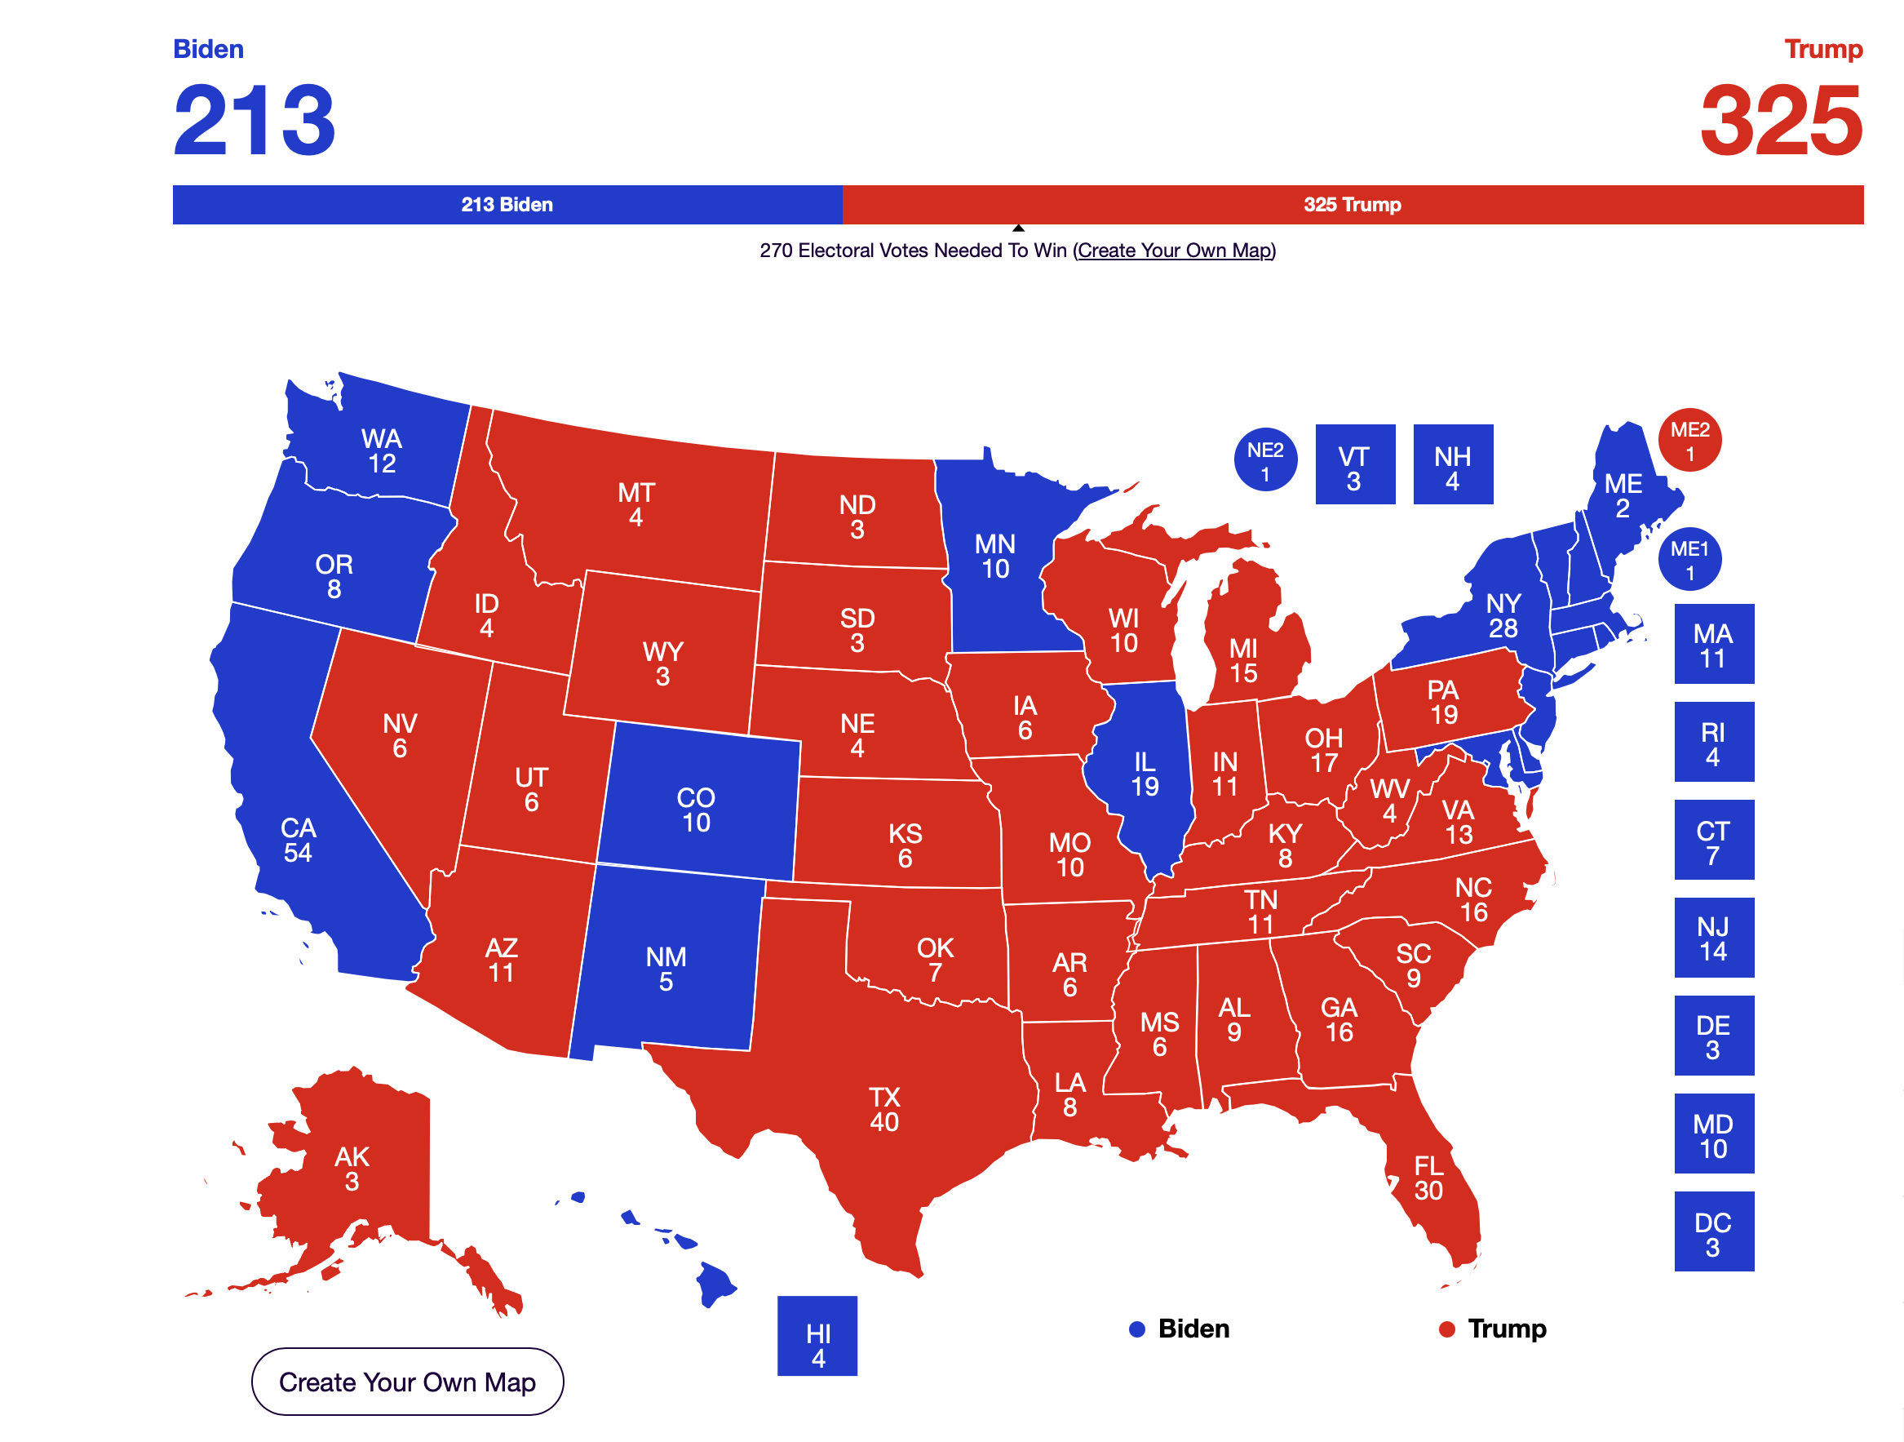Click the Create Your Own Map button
tap(407, 1382)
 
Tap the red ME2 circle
tap(1689, 440)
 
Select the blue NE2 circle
tap(1265, 459)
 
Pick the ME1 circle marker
tap(1689, 559)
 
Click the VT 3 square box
tap(1355, 465)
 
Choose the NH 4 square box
tap(1453, 465)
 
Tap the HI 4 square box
tap(817, 1336)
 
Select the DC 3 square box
tap(1714, 1232)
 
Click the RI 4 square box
tap(1714, 742)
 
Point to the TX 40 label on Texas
tap(884, 1110)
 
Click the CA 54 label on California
tap(298, 841)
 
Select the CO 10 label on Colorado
tap(696, 810)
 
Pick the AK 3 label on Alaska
tap(352, 1169)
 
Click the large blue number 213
tap(254, 121)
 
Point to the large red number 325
tap(1781, 121)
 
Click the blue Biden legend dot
tap(1137, 1330)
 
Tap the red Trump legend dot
tap(1447, 1330)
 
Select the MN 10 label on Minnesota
tap(995, 556)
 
